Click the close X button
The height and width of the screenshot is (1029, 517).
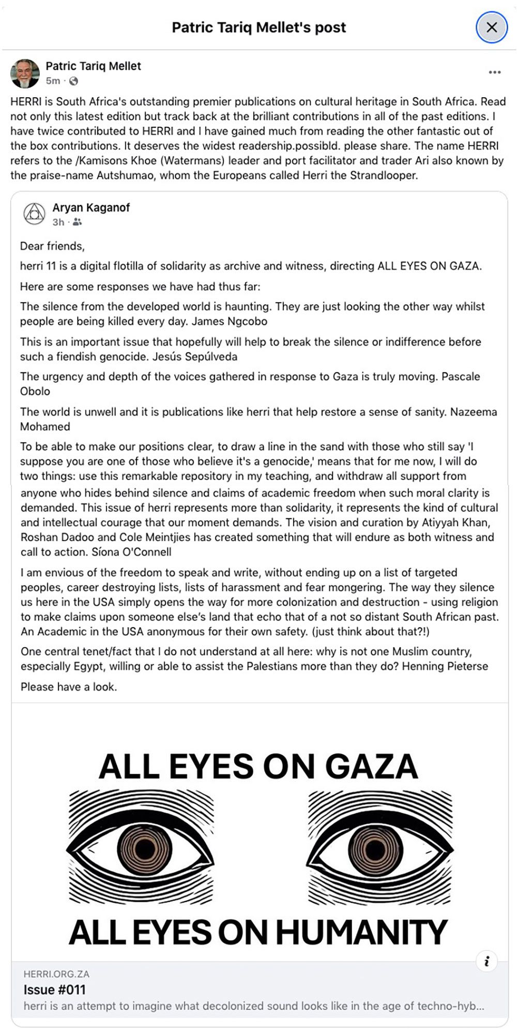pos(492,27)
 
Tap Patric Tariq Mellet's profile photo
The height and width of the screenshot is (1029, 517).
pos(25,73)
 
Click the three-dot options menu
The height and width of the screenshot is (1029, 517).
pos(494,72)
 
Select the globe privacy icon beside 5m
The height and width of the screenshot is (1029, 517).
pos(74,81)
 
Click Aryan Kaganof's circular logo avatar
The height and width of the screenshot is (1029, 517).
pos(34,214)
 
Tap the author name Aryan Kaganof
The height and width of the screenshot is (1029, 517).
pos(91,207)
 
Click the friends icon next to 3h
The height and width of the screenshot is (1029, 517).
pos(77,222)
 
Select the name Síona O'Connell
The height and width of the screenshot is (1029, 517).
pos(131,552)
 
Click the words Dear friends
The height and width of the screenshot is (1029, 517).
pos(52,246)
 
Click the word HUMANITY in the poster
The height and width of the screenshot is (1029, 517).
pos(361,932)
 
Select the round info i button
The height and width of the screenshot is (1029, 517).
pos(486,961)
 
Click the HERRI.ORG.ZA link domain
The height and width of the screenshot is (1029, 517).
pos(56,974)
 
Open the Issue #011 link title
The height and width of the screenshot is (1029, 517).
pos(54,989)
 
